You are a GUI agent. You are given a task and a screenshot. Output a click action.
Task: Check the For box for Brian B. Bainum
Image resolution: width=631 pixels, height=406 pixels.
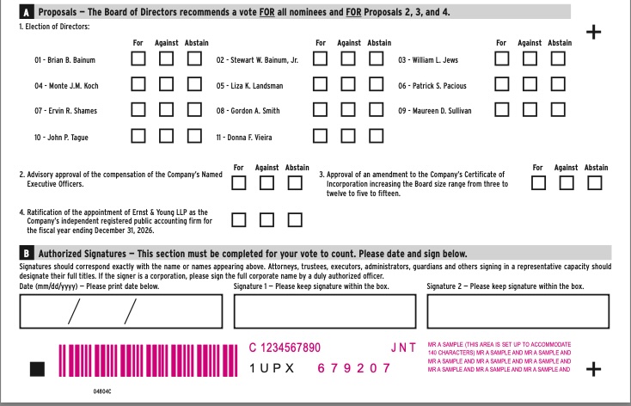(138, 59)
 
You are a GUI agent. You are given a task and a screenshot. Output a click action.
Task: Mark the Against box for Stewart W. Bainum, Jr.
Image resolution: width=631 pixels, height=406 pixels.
(349, 59)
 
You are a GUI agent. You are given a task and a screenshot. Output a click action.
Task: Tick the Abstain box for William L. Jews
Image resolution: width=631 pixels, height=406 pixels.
(559, 59)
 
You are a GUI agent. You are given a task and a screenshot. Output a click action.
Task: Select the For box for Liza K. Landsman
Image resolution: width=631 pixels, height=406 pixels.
(321, 84)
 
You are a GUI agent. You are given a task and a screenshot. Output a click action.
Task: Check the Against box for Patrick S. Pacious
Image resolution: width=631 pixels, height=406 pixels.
(530, 84)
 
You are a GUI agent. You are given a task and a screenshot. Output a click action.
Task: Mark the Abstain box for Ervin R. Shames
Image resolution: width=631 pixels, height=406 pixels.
(195, 109)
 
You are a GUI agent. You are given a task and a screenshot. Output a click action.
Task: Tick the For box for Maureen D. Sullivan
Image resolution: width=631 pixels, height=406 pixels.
(502, 109)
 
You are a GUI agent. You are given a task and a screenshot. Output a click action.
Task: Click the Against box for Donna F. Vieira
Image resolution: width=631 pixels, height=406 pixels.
(349, 135)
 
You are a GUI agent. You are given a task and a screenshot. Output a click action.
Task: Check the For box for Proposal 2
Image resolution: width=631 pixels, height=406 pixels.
(239, 183)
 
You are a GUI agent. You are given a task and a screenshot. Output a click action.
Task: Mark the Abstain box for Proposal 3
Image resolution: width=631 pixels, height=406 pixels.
(595, 183)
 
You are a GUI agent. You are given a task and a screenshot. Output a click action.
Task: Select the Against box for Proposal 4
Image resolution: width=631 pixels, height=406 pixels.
(267, 219)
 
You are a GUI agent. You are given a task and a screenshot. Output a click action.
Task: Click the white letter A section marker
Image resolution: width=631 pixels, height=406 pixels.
(26, 12)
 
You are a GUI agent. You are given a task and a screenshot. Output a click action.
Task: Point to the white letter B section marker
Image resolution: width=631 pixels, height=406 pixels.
(26, 254)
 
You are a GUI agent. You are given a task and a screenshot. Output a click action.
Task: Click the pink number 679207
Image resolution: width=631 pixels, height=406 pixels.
(353, 368)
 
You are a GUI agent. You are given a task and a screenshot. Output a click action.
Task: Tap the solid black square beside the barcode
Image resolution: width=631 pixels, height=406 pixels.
(37, 369)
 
